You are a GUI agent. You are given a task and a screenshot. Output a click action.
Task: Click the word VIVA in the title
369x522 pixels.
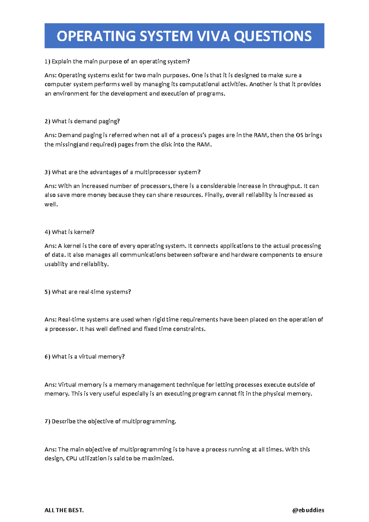[x=213, y=36]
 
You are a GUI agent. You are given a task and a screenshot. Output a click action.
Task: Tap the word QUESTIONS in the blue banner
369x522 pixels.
[x=273, y=36]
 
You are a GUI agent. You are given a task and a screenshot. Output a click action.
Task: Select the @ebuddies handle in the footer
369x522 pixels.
[x=308, y=510]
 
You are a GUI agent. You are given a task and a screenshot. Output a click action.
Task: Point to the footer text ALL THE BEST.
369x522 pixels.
[x=64, y=510]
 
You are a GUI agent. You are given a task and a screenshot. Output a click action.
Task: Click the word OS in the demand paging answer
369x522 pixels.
[x=299, y=135]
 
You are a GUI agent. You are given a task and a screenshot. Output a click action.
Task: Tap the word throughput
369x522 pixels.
[x=285, y=186]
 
